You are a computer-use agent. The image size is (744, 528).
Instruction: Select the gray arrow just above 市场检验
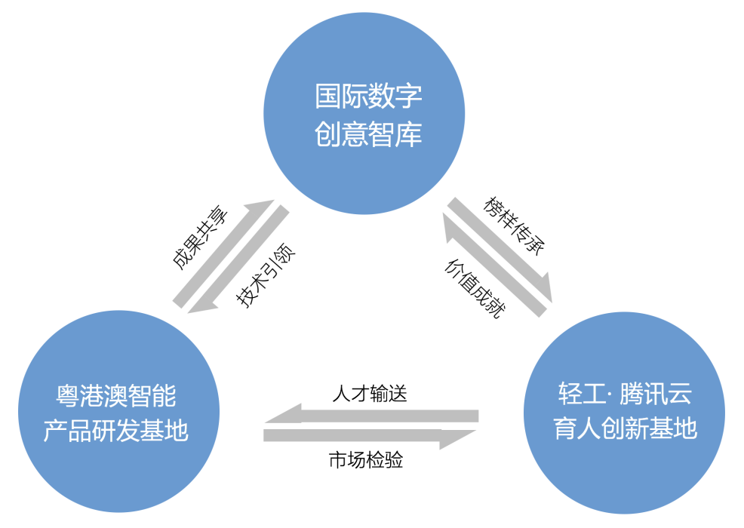tap(370, 436)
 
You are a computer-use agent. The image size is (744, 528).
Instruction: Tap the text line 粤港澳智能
tap(116, 394)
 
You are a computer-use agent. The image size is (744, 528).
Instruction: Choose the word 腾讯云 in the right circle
tap(656, 393)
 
